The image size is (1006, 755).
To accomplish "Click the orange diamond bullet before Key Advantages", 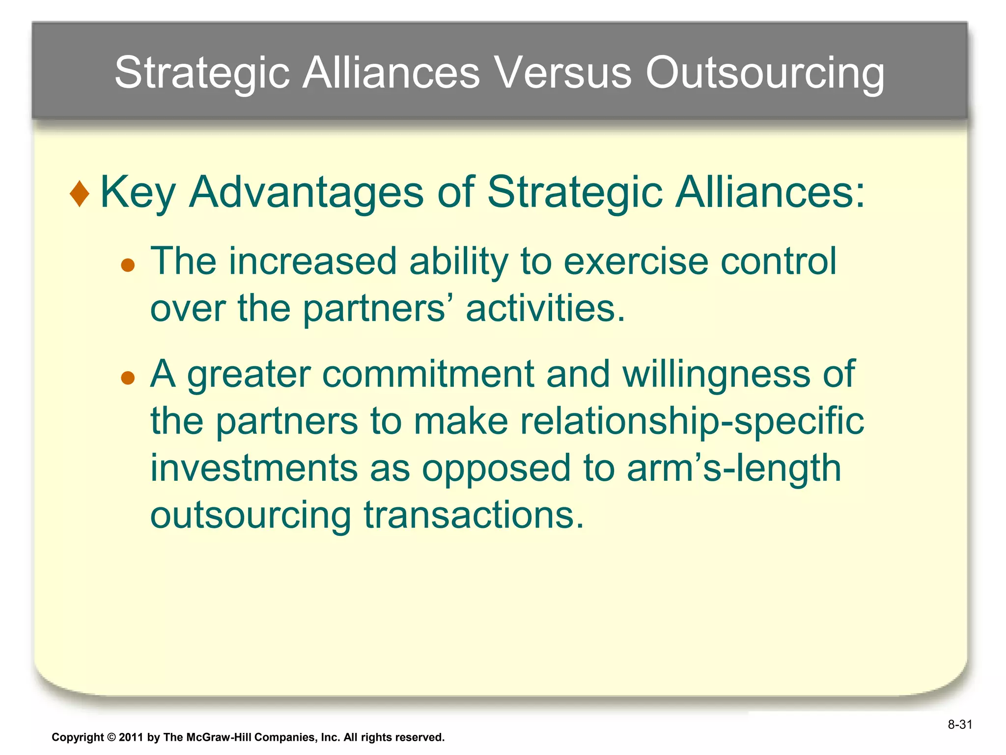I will [80, 194].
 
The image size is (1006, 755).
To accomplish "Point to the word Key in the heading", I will [138, 193].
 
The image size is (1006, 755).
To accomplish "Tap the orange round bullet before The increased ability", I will [128, 265].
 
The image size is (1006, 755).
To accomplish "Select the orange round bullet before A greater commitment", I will [128, 378].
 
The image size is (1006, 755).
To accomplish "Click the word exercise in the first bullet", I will [636, 261].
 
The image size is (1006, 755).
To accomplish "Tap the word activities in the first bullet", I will [545, 308].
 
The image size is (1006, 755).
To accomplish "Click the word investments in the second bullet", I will [253, 468].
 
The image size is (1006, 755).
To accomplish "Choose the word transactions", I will [474, 516].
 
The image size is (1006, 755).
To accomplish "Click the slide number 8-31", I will [959, 725].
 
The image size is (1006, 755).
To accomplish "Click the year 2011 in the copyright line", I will [131, 737].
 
